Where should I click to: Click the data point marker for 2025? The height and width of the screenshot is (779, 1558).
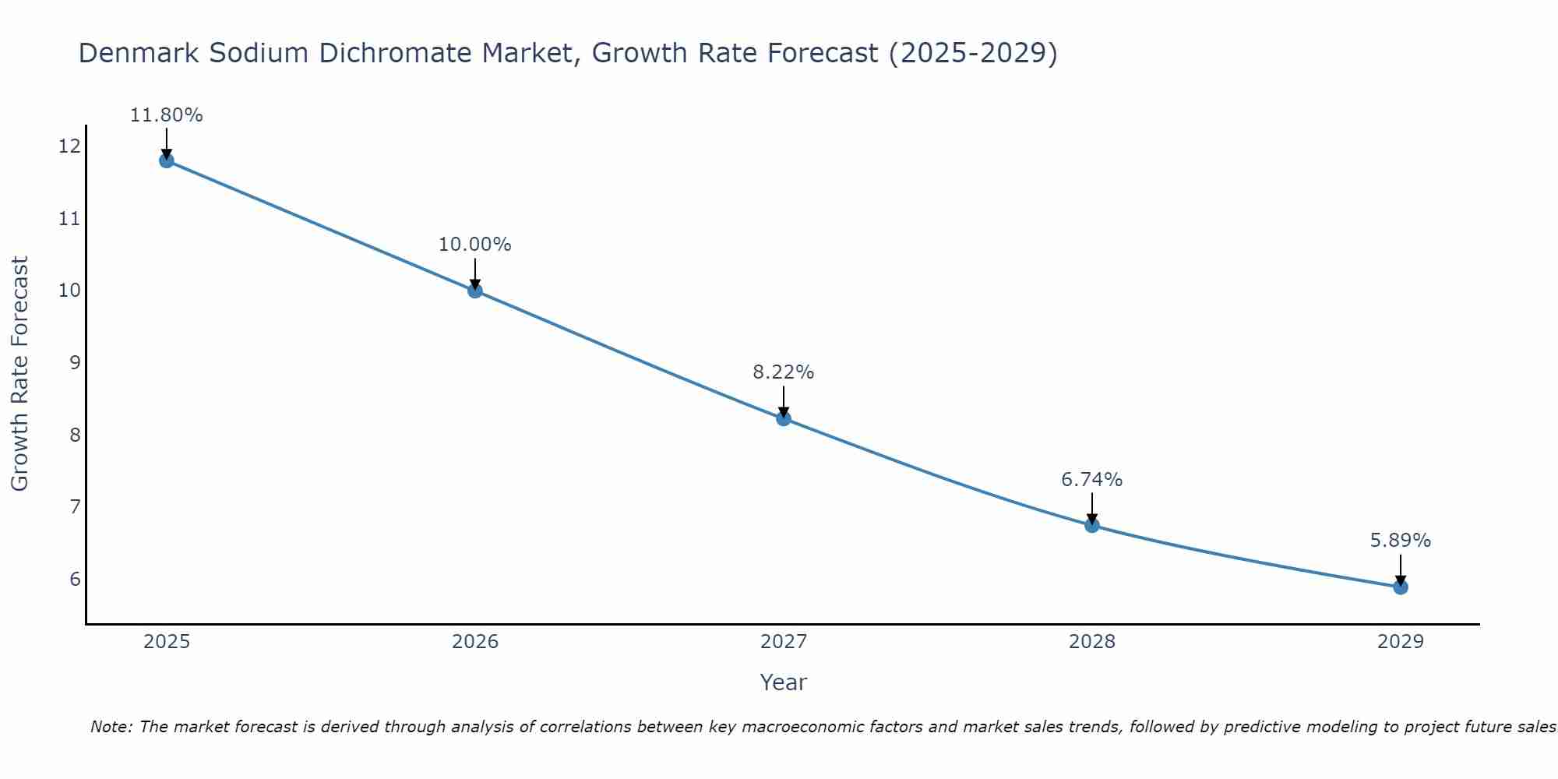coord(167,160)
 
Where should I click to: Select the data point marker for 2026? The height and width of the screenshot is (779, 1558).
coord(475,291)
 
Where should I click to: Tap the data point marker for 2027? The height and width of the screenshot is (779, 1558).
coord(784,418)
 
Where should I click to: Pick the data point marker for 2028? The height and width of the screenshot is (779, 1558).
coord(1092,525)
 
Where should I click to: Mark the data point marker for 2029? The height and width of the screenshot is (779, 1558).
coord(1401,587)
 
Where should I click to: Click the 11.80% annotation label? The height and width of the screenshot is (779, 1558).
coord(167,115)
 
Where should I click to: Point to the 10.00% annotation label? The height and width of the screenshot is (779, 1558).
coord(475,245)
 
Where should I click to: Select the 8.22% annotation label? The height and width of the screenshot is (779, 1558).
coord(784,372)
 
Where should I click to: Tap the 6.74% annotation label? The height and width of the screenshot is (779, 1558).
coord(1092,480)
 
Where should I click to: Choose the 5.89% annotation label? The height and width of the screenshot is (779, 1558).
coord(1401,541)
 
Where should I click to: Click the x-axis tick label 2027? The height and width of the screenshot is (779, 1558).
coord(784,642)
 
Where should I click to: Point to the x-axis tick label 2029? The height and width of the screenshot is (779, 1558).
coord(1401,642)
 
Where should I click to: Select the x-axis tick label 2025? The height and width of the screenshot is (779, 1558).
coord(167,642)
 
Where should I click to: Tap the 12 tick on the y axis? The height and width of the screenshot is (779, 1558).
coord(69,146)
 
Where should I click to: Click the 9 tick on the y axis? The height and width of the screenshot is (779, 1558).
coord(75,362)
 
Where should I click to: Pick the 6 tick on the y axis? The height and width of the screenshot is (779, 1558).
coord(75,579)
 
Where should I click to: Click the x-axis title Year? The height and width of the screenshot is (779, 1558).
coord(784,682)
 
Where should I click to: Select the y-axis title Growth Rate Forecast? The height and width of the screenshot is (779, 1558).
coord(20,374)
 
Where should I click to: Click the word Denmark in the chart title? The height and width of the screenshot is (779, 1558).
coord(132,54)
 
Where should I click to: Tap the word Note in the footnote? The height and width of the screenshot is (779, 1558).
coord(112,727)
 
